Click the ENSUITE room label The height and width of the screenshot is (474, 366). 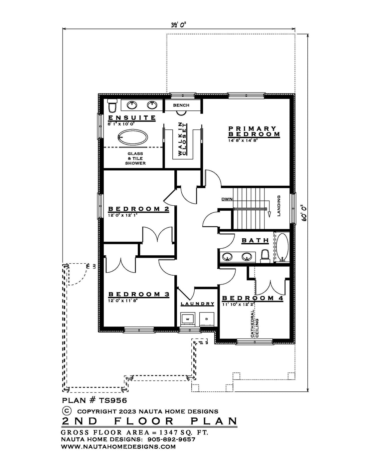pos(132,118)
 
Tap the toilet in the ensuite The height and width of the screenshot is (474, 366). pos(112,105)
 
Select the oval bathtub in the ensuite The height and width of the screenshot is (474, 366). pos(133,137)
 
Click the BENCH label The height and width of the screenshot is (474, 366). pos(181,105)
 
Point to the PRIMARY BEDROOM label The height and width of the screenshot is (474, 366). pos(254,131)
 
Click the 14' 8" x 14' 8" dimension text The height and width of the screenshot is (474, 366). pos(243,140)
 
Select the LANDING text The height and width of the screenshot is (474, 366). pos(279,206)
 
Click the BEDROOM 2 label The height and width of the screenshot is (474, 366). pos(139,209)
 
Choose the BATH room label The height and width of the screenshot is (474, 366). pos(255,240)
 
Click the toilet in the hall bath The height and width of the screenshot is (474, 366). pos(265,256)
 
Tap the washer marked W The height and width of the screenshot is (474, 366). pos(187,319)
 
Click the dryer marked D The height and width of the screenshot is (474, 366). pos(207,319)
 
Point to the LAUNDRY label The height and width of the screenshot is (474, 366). pos(198,304)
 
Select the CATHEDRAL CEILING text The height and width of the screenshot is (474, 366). pos(255,324)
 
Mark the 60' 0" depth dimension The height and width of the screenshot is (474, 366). pos(304,213)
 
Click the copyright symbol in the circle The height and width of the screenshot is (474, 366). pos(67,411)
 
